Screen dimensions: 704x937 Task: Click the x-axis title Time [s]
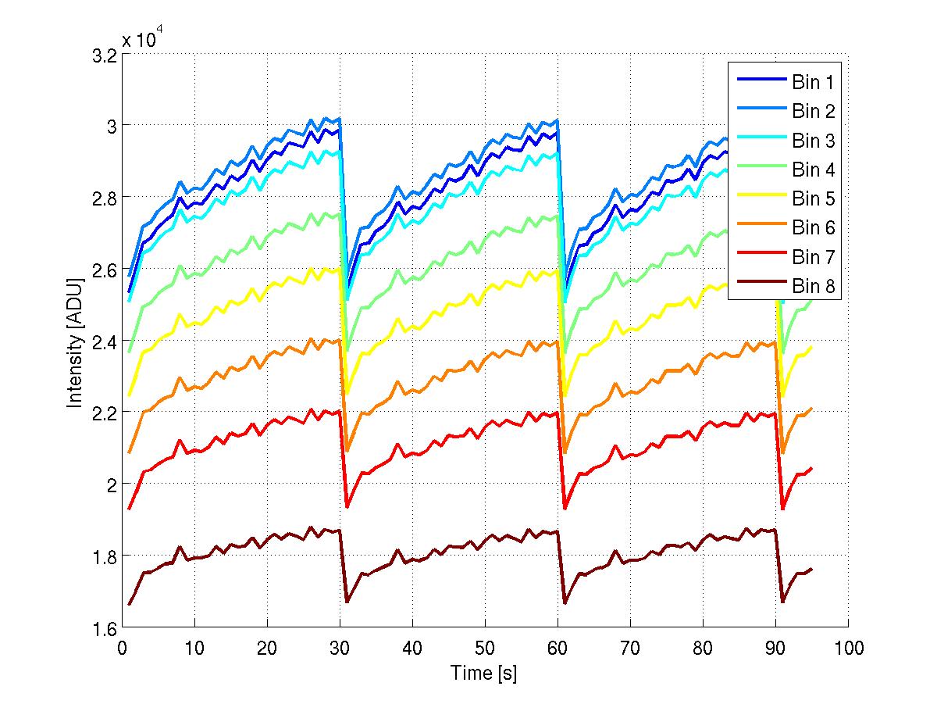click(484, 673)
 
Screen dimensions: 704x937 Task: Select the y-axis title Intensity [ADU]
click(75, 341)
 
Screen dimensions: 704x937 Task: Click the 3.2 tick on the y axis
click(106, 55)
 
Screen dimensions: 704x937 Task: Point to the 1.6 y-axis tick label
click(106, 628)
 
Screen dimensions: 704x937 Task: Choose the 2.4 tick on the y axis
click(106, 341)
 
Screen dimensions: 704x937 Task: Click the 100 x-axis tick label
click(848, 648)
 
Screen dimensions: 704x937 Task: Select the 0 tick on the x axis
click(123, 648)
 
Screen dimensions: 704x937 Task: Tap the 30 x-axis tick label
click(340, 648)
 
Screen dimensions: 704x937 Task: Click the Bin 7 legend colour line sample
click(758, 257)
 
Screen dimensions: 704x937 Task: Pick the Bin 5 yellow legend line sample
click(758, 198)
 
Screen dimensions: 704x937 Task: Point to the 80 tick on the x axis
click(703, 648)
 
